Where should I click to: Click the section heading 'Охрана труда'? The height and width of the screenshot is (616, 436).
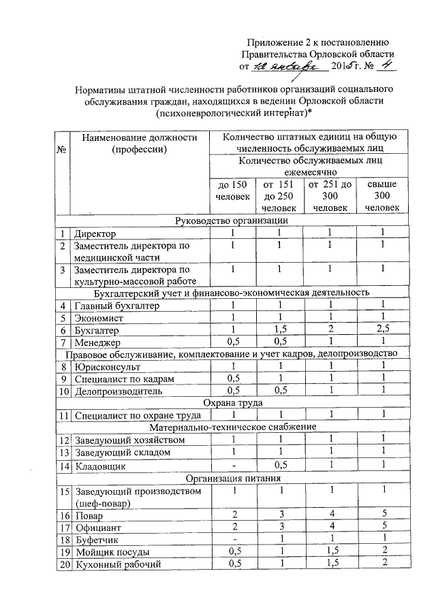pyautogui.click(x=232, y=402)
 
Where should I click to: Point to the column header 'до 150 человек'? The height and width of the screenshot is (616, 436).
pyautogui.click(x=228, y=191)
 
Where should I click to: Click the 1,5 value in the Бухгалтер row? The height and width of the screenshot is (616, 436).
pyautogui.click(x=279, y=329)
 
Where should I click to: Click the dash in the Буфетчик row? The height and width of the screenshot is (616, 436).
pyautogui.click(x=232, y=538)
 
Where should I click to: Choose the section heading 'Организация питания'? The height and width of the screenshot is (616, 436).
pyautogui.click(x=232, y=478)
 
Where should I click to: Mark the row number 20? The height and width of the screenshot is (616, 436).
pyautogui.click(x=64, y=563)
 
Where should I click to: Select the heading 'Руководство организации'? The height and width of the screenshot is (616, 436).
pyautogui.click(x=232, y=221)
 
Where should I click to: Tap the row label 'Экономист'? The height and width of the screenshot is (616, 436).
pyautogui.click(x=99, y=317)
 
